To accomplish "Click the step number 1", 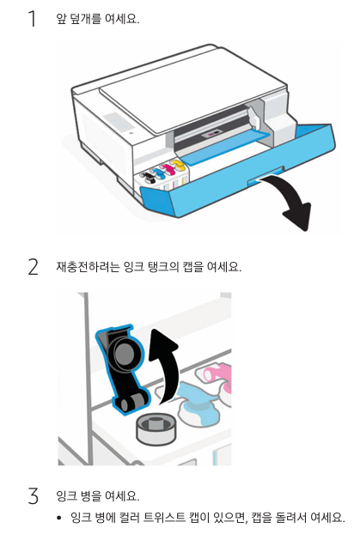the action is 33,18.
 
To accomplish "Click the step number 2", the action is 33,267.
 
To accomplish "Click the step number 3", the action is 33,496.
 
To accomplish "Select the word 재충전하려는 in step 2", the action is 88,266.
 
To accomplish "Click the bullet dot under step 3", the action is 59,518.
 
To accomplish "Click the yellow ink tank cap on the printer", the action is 177,165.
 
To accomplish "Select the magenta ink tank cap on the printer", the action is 167,169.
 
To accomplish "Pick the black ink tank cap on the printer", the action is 147,177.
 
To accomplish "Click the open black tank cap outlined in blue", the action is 122,369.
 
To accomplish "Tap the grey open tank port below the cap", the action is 156,429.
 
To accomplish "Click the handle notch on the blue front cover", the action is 265,176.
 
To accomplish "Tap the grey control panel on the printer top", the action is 117,120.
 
